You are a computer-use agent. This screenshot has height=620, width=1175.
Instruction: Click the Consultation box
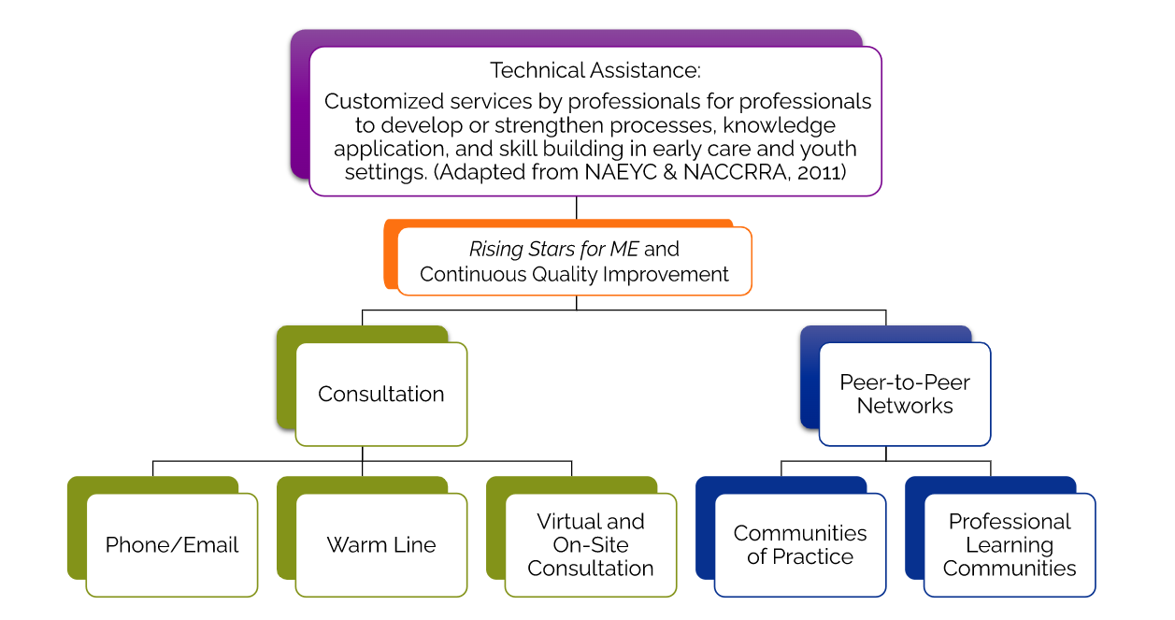tap(381, 395)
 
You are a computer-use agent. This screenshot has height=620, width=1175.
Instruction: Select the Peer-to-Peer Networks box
tap(905, 395)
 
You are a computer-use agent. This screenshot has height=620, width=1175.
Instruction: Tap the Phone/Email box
tap(172, 545)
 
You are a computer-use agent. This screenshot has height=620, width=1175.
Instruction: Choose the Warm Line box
tap(381, 545)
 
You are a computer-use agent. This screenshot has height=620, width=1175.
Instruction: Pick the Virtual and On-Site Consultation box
tap(591, 545)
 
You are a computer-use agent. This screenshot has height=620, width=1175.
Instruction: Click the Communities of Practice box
tap(800, 545)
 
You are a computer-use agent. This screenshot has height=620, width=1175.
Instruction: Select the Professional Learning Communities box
tap(1010, 545)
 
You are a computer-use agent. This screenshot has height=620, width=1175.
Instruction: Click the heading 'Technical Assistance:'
tap(595, 70)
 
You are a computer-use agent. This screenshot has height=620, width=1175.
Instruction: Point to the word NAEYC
tap(621, 172)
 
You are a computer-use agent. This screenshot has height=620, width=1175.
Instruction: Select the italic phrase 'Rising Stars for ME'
tap(554, 249)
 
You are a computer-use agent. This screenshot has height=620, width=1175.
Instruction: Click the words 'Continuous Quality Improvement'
tap(574, 275)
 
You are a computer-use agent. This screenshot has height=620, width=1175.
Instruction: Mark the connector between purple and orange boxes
tap(577, 208)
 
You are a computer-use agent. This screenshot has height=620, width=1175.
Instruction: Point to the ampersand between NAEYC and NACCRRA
tap(670, 172)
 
